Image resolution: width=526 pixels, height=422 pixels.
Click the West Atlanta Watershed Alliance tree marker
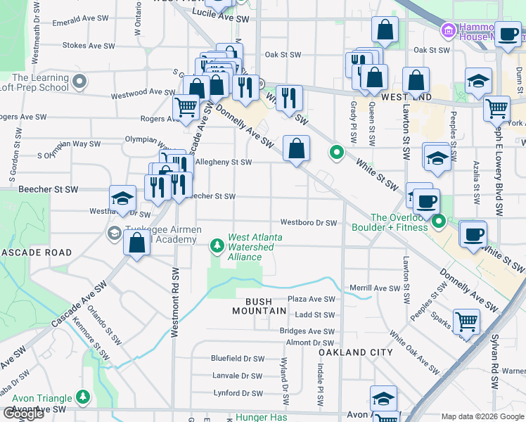tap(218, 245)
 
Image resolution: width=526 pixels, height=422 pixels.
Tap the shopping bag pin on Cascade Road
tap(137, 243)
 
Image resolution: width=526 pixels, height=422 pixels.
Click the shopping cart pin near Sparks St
tap(467, 322)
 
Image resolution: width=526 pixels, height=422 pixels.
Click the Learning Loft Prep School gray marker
tap(80, 82)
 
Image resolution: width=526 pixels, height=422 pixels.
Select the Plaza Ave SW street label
tap(310, 299)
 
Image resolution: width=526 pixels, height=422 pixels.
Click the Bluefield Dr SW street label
tap(238, 358)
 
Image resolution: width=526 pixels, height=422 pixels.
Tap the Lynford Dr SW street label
tap(238, 393)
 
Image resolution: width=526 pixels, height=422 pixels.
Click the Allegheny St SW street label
tap(223, 162)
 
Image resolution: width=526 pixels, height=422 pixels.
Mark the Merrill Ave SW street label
tap(375, 288)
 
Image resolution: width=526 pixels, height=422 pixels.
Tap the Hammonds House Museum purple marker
tap(447, 30)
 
